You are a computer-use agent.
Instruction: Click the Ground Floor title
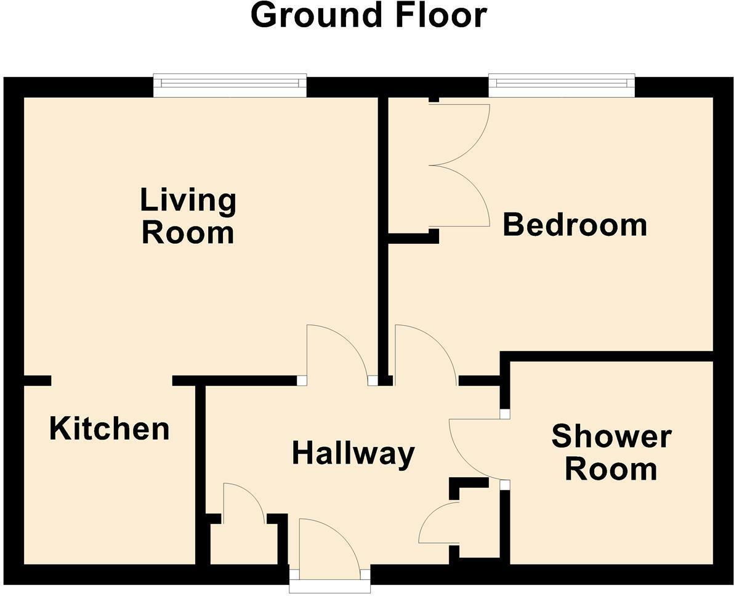tap(368, 15)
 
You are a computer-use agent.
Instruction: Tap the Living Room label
tap(188, 217)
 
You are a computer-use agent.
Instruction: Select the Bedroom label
tap(575, 225)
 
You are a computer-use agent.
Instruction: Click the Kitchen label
tap(109, 429)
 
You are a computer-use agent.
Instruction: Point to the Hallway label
tap(353, 454)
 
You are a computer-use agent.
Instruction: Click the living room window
tap(230, 86)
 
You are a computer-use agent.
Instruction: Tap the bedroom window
tap(561, 86)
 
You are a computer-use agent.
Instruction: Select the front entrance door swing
tap(326, 545)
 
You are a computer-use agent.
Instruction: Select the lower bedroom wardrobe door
tap(459, 196)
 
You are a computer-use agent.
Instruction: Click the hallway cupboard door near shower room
tap(438, 523)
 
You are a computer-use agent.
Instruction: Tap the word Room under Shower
tap(611, 470)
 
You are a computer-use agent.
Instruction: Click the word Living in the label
tap(188, 200)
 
